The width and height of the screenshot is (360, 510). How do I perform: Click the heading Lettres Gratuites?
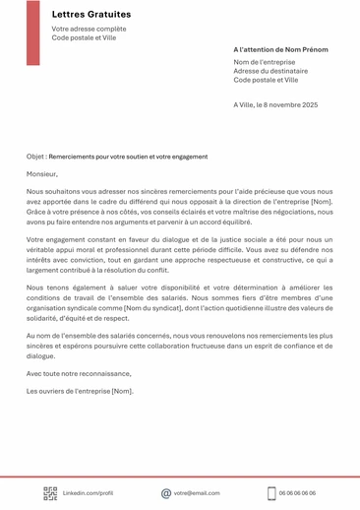(x=90, y=15)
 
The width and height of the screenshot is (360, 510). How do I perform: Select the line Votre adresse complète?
(x=89, y=30)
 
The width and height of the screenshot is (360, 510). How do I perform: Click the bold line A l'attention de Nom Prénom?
(x=280, y=49)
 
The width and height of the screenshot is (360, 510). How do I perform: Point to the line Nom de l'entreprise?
(x=265, y=62)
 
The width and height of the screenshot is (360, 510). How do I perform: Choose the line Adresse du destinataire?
(x=270, y=71)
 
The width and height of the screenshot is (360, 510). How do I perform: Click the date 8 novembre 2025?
(x=286, y=104)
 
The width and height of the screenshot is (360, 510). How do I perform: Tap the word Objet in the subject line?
(x=35, y=157)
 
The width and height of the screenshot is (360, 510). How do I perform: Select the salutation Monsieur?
(x=43, y=173)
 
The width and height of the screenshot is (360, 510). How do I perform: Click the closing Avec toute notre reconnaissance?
(x=78, y=374)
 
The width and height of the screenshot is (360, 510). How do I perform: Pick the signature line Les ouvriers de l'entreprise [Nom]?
(x=80, y=391)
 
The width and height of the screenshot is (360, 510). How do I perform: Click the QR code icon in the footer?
(x=50, y=493)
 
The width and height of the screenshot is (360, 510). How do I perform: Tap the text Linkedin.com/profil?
(x=89, y=493)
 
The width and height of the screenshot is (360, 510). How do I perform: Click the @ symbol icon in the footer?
(x=166, y=493)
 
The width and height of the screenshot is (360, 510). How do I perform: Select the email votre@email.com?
(x=198, y=493)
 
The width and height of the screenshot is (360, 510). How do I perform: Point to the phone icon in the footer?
(x=271, y=493)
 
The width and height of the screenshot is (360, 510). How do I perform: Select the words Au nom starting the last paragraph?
(x=38, y=336)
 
